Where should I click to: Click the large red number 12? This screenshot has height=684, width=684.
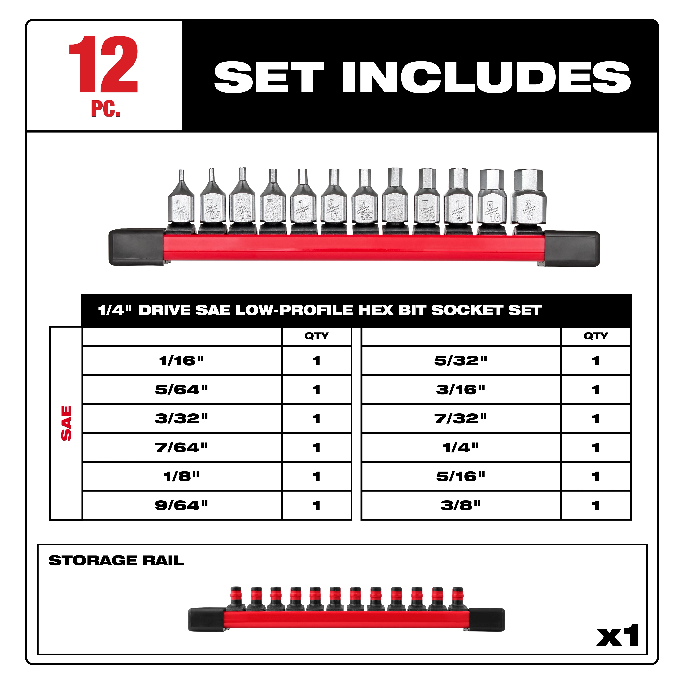[103, 64]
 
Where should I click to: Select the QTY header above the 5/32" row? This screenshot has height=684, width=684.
[595, 336]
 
